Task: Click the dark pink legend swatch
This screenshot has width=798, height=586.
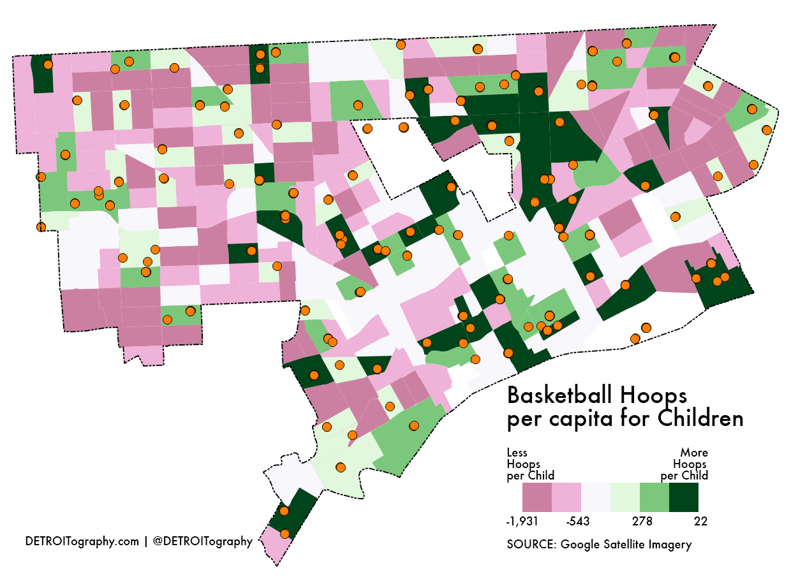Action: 536,497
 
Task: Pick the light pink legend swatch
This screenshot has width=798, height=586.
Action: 566,497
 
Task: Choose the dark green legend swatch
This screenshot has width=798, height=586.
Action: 683,497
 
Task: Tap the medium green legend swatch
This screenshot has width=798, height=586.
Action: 654,497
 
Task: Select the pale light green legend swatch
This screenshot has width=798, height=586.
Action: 624,497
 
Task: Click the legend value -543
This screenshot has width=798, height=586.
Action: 577,522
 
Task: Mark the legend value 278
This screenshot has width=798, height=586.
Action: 642,522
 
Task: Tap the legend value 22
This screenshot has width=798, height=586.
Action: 700,522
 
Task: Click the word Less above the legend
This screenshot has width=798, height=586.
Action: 517,453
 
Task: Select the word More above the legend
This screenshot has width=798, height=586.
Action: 694,453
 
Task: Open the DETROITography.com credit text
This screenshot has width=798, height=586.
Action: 82,541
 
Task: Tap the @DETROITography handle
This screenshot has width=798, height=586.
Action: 203,541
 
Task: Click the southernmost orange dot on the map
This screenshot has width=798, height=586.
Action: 284,534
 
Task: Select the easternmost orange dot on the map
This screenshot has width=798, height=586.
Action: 766,130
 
